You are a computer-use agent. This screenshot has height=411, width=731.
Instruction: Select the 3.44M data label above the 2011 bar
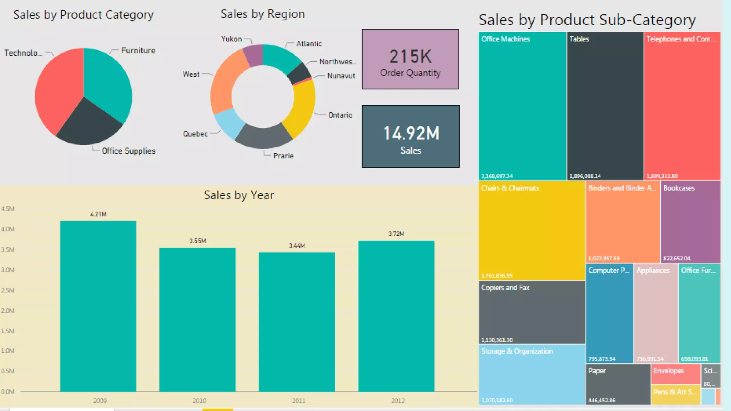297,246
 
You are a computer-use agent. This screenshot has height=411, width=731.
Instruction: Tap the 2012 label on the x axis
398,401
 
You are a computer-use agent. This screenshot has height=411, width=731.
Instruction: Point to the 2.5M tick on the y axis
8,290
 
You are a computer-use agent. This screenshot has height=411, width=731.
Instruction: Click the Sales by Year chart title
239,195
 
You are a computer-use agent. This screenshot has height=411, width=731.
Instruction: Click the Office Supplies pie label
128,151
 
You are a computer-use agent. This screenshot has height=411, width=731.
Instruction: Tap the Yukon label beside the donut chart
231,39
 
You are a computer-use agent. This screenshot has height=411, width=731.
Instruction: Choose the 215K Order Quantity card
410,59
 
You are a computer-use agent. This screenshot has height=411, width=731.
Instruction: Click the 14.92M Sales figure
411,133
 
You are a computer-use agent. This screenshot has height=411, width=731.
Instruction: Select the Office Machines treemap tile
522,107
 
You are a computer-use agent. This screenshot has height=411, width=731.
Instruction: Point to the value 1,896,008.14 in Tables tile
585,176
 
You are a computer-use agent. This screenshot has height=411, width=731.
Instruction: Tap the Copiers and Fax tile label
505,288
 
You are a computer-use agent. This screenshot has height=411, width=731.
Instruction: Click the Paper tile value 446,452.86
602,400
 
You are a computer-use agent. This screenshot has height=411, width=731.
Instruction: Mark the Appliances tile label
653,270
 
